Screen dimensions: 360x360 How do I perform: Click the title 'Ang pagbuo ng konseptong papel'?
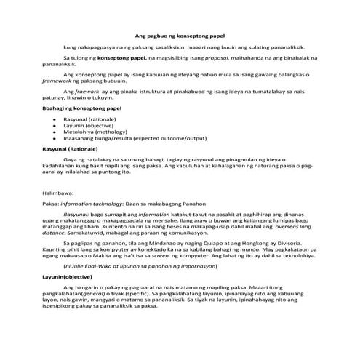[179, 35]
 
